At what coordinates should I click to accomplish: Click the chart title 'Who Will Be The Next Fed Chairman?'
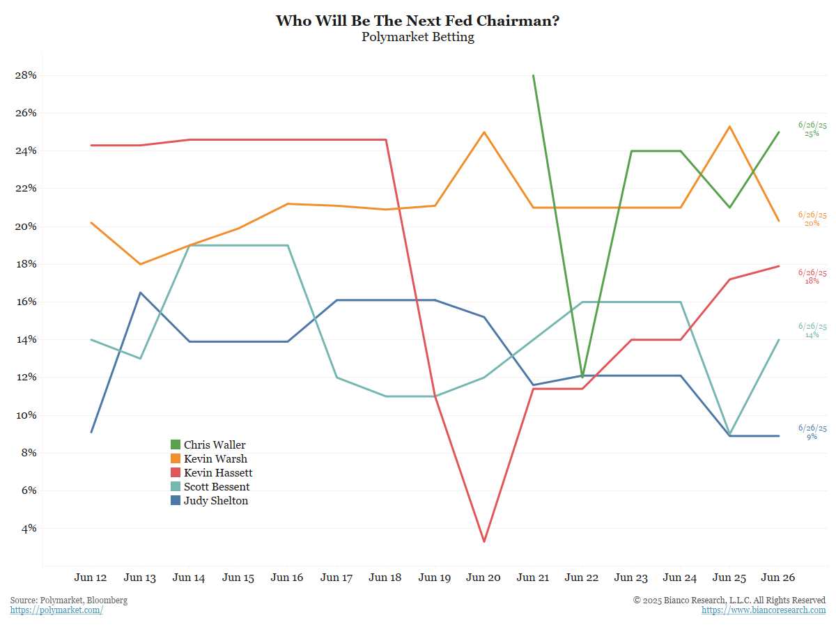(x=417, y=20)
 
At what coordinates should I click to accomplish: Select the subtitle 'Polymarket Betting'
(x=417, y=37)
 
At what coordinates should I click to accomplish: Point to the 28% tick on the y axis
(x=26, y=75)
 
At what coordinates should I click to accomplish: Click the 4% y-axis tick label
(x=29, y=528)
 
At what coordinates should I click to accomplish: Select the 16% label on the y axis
(x=26, y=302)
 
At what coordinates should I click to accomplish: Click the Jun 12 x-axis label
(x=91, y=578)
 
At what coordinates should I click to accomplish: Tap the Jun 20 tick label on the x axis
(x=483, y=578)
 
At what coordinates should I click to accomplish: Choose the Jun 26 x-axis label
(x=778, y=578)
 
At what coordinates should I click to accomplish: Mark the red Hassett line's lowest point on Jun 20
(x=483, y=541)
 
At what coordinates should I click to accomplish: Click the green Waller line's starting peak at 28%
(x=533, y=75)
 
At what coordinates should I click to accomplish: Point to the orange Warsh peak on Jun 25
(x=729, y=126)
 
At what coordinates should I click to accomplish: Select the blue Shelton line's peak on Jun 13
(x=140, y=293)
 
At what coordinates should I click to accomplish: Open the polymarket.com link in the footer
(x=56, y=610)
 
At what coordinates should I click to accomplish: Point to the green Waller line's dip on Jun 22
(x=582, y=377)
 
